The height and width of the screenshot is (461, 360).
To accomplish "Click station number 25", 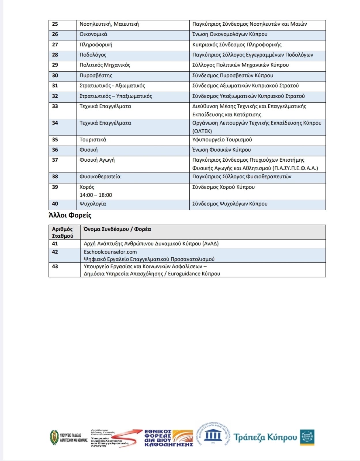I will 55,24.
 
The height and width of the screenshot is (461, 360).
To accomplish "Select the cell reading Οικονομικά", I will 93,34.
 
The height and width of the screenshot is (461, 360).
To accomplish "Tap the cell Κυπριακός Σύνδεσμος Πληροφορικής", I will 237,45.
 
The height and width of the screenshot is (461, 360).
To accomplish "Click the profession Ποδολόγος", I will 93,55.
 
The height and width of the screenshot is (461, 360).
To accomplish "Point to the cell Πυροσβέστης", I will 96,75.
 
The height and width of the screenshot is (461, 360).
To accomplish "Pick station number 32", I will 55,96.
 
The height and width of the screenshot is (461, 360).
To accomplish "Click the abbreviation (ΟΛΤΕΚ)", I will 202,131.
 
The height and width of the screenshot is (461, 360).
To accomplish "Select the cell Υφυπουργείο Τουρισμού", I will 222,140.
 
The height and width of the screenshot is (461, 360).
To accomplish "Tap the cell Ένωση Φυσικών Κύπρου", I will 221,150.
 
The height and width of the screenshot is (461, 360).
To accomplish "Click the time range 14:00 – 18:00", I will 96,195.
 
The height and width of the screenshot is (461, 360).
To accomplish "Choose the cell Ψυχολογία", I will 93,204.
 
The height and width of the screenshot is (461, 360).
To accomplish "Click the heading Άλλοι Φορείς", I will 70,216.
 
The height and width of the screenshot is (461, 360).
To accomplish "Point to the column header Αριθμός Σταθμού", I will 63,233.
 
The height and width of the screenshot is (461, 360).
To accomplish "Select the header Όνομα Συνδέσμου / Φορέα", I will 117,229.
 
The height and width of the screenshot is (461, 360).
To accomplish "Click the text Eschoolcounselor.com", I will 110,252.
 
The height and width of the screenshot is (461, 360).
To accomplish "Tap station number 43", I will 55,267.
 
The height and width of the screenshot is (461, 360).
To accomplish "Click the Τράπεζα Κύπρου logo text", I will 265,437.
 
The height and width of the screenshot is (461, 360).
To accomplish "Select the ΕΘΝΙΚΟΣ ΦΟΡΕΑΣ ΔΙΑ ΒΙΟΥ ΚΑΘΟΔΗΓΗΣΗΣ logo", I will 169,438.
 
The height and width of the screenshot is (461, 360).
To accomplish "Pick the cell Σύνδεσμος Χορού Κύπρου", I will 223,187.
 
